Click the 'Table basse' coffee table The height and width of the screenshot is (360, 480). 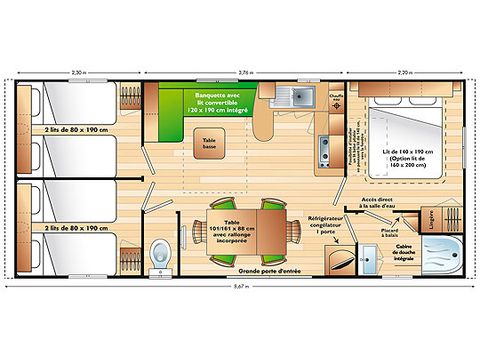[209, 143]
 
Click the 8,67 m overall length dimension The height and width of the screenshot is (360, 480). [237, 287]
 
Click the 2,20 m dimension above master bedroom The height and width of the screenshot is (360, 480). [403, 73]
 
